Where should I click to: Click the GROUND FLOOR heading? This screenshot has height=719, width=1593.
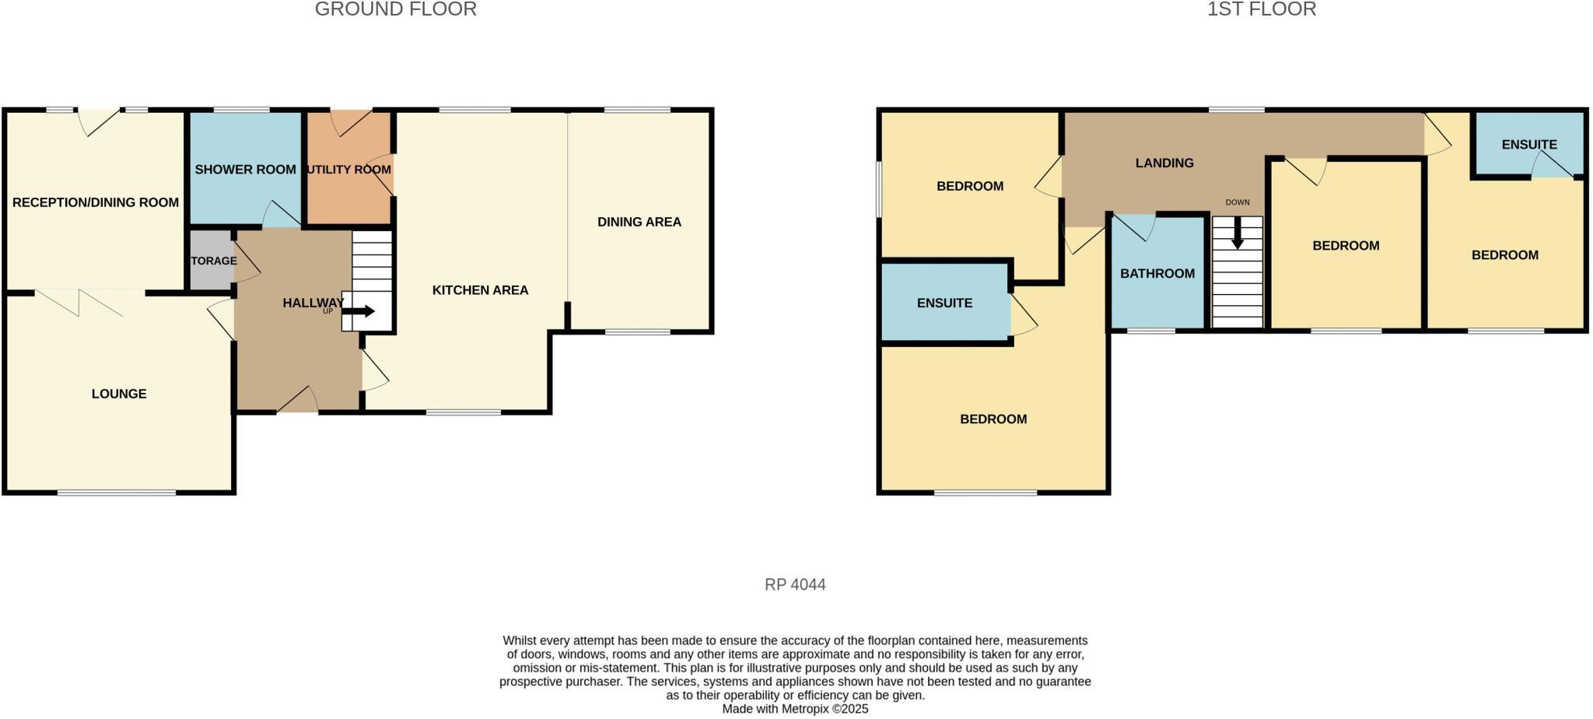(395, 9)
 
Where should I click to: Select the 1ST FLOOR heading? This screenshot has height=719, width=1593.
(1261, 9)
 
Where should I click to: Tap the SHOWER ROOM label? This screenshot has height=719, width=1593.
(245, 170)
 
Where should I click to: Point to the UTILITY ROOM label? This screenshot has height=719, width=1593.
(348, 170)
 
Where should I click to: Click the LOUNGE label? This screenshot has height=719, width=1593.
(119, 394)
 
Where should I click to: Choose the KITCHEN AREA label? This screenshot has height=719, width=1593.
(480, 290)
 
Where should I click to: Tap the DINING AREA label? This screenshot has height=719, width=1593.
(639, 222)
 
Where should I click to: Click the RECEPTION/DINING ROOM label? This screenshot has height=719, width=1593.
(96, 202)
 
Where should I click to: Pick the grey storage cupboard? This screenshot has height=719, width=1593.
(211, 261)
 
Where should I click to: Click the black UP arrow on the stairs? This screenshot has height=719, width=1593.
(360, 311)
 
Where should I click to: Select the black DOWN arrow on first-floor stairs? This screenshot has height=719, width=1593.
(1237, 233)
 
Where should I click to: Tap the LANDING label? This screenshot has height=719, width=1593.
(1164, 163)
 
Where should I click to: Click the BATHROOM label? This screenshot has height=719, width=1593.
(1157, 273)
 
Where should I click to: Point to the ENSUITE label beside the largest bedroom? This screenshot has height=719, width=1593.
(944, 303)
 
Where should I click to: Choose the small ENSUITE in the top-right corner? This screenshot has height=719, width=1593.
(1528, 145)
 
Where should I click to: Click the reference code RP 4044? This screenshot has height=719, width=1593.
(795, 584)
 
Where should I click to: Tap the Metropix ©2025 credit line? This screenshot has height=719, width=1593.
(795, 709)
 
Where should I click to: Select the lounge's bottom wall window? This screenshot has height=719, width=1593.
(117, 493)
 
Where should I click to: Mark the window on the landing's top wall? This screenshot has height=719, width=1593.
(1236, 110)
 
